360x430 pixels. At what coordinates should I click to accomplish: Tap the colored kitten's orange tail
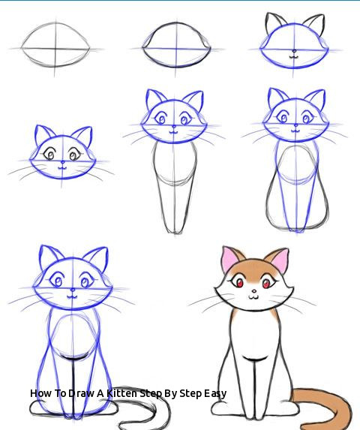tap(330, 405)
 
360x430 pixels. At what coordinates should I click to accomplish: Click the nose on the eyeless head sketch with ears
tap(294, 52)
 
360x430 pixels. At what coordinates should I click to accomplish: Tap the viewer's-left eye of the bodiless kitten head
tap(52, 155)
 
